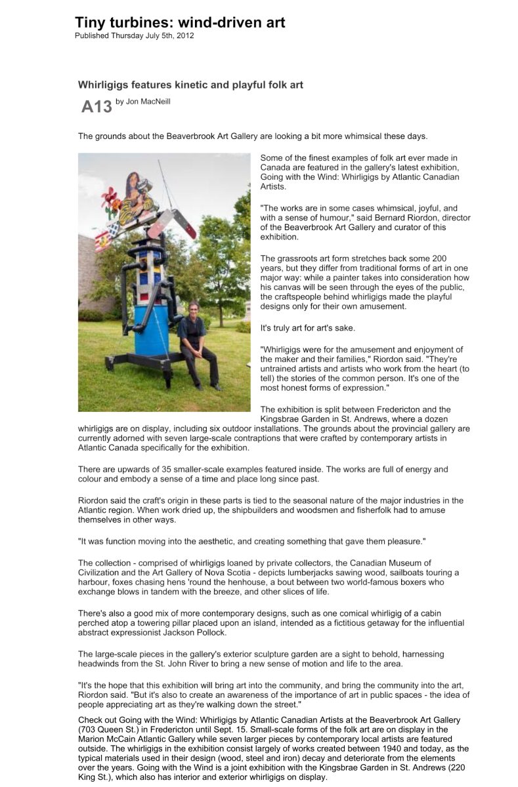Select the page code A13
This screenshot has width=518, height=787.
tap(97, 106)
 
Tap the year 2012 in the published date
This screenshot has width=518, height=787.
tap(184, 35)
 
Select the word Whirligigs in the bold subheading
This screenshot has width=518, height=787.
tap(106, 85)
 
